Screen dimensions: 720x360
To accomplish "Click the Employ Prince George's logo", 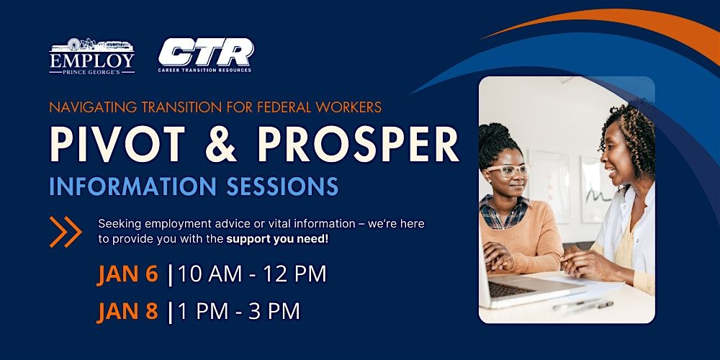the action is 92,56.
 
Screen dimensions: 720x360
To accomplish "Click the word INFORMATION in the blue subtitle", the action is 132,186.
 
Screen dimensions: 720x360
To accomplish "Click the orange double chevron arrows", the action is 66,232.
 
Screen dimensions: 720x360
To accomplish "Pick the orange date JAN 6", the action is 127,274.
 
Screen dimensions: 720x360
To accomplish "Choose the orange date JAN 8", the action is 127,311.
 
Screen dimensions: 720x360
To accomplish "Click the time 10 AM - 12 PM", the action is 252,274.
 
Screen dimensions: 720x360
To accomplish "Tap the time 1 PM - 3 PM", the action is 239,311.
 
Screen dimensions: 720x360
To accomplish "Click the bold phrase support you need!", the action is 278,240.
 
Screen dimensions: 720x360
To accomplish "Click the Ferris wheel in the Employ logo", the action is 74,45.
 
